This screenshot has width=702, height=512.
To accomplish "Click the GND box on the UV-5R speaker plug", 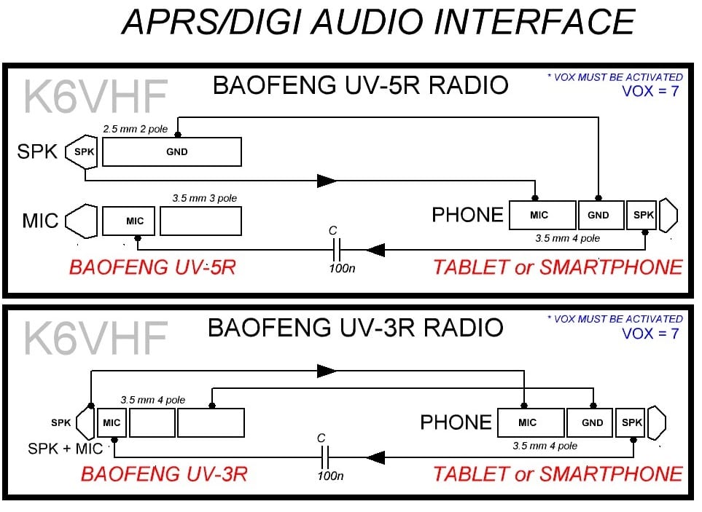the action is [172, 152].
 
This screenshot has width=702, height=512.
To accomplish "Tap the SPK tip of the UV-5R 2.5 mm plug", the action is [82, 151].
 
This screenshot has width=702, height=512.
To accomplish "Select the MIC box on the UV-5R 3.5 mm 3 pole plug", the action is [128, 221].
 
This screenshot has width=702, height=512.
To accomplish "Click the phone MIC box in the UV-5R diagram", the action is [542, 215].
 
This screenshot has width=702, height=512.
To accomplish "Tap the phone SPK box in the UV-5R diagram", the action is [641, 215].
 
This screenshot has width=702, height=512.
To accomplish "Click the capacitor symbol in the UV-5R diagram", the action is [336, 250].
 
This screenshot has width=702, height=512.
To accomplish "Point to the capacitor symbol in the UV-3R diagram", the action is [324, 457].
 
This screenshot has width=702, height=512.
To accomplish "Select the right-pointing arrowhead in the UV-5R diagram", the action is [327, 181].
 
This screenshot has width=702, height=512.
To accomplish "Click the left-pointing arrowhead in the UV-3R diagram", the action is [375, 457].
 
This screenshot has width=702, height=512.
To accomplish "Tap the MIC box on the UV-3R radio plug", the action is [112, 422].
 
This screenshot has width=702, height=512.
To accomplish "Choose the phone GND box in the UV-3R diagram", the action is [589, 422].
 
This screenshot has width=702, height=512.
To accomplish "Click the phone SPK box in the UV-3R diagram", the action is [630, 422].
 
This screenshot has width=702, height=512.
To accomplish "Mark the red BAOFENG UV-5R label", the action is [152, 267].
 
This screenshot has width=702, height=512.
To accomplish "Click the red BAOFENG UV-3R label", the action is [164, 474].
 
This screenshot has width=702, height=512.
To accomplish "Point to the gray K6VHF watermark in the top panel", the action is [95, 96].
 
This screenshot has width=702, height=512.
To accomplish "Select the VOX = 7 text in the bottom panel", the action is [650, 334].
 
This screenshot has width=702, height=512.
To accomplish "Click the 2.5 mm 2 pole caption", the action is [135, 129].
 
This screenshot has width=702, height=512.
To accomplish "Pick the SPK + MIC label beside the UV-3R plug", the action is [66, 449].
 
